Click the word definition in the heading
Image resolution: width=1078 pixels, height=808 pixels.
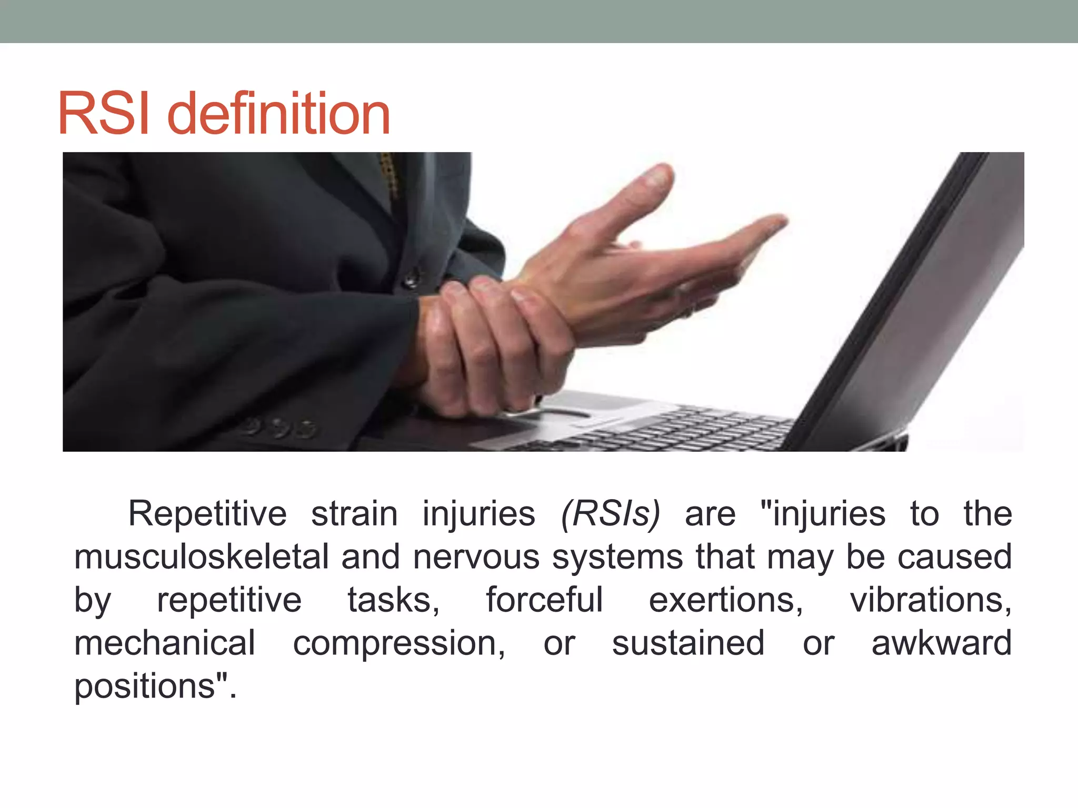pyautogui.click(x=278, y=114)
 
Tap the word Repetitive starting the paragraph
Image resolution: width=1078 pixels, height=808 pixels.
pyautogui.click(x=207, y=513)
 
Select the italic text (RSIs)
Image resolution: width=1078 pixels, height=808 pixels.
pyautogui.click(x=610, y=513)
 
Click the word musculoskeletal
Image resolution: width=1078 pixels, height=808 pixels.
pyautogui.click(x=202, y=557)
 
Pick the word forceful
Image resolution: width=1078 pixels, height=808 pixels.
pyautogui.click(x=544, y=600)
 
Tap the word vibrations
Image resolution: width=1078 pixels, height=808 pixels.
pyautogui.click(x=930, y=600)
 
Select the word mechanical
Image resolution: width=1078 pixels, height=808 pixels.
pyautogui.click(x=165, y=643)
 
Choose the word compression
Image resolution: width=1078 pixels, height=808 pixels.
pyautogui.click(x=398, y=644)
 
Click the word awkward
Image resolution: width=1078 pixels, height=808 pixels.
pyautogui.click(x=941, y=643)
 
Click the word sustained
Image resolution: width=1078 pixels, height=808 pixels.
pyautogui.click(x=688, y=643)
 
